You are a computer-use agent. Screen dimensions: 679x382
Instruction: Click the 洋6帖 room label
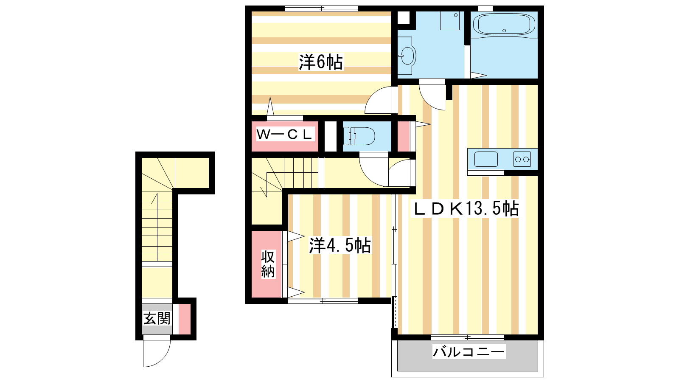point(321,62)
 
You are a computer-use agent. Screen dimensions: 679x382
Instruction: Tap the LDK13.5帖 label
point(465,208)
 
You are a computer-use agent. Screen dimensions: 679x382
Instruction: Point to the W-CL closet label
point(284,134)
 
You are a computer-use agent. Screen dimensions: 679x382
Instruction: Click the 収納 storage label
point(268,264)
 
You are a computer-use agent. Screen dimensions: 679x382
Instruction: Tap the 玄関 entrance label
point(157,319)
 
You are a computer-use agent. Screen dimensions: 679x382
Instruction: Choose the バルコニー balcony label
point(469,352)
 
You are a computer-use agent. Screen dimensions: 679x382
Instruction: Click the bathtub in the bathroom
point(504,24)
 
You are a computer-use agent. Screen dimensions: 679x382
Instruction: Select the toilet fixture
point(359,136)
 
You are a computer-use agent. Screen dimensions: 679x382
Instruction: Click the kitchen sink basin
point(486,159)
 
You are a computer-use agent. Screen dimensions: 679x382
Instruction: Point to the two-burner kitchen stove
point(522,159)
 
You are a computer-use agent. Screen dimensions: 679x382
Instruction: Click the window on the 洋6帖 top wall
point(321,8)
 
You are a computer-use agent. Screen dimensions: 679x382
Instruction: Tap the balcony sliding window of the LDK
point(467,337)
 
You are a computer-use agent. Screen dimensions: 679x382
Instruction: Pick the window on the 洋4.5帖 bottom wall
point(323,301)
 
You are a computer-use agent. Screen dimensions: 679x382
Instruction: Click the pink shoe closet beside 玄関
point(184,319)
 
